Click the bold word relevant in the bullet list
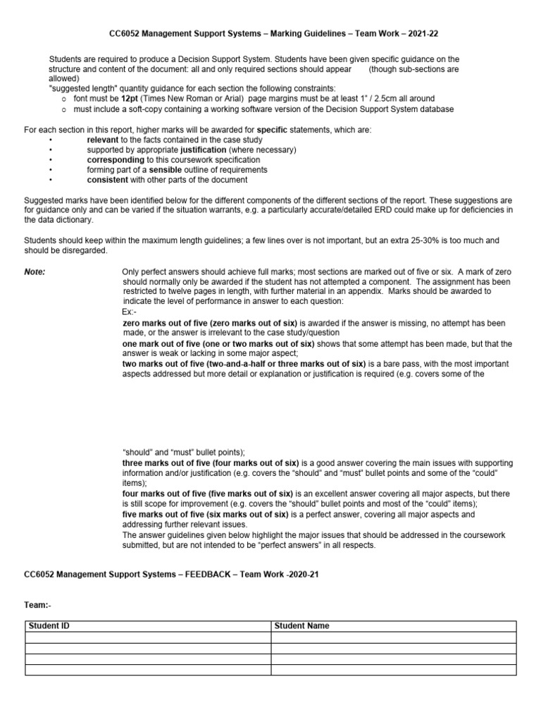103,140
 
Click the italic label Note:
35,271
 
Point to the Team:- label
38,605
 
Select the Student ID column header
49,626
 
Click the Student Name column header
301,626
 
